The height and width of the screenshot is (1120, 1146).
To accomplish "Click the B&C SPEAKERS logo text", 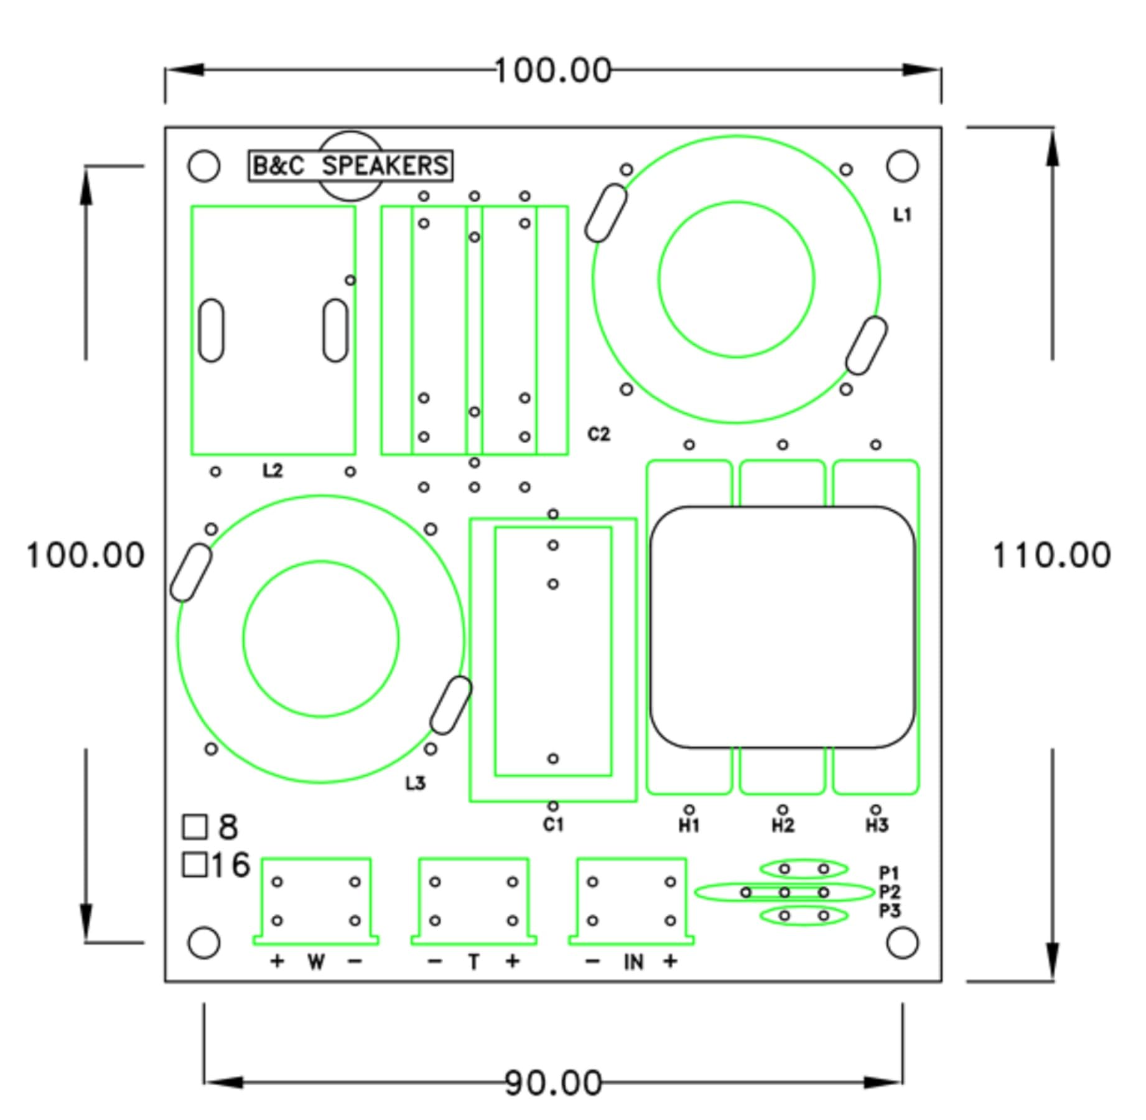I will coord(350,166).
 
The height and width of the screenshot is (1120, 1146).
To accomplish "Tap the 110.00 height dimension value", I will coord(1051,555).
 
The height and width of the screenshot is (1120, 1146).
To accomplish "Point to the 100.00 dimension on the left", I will coord(85,555).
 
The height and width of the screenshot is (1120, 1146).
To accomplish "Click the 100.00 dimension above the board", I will coord(553,70).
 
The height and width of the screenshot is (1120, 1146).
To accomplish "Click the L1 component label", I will coord(902,215).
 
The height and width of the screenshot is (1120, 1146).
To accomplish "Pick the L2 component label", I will coord(273,470).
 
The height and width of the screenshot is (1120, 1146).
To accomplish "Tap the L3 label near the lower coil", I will coord(416,783).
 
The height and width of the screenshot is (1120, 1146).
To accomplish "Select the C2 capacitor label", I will coord(599,434).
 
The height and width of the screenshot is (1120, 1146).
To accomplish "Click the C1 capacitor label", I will coord(553,825).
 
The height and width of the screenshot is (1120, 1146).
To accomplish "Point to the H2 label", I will coord(783,826).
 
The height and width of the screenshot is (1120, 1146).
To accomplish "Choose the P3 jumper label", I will coord(890,912).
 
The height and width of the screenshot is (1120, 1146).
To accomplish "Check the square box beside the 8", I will coord(195,827).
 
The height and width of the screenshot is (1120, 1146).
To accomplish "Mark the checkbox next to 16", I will coord(195,864).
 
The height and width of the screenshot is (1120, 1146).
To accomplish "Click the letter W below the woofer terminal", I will coord(316,963).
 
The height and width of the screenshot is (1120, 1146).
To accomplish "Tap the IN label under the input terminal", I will coord(633,963).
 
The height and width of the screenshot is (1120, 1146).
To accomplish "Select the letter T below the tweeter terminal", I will coord(474,963).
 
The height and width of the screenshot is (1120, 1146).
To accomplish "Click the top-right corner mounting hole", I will coord(902,166).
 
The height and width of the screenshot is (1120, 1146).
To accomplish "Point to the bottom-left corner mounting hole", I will coord(203,943).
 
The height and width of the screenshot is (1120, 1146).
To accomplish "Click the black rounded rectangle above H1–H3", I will coord(782,627).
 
